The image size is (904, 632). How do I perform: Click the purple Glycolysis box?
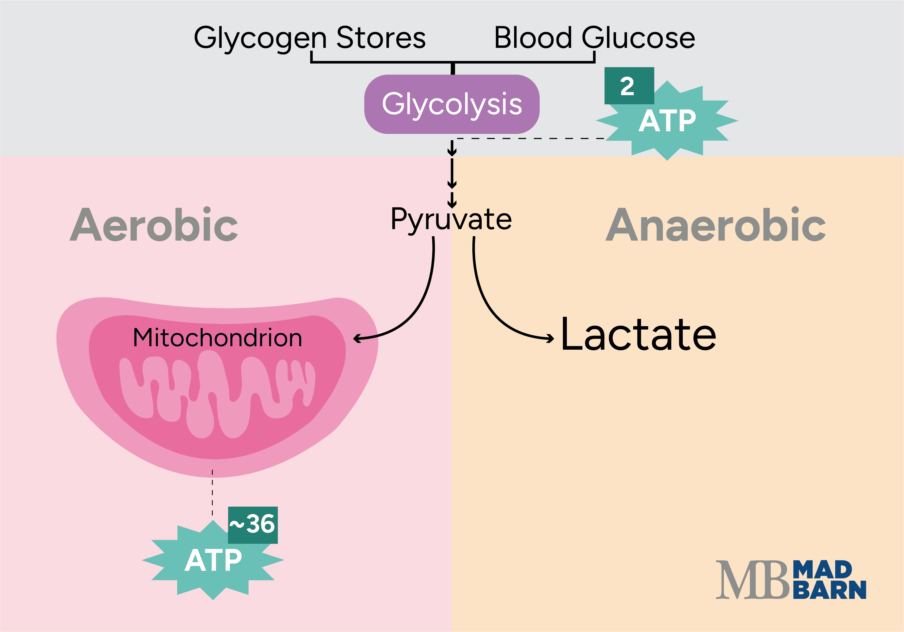click(x=452, y=104)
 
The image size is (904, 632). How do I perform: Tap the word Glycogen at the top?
click(x=260, y=38)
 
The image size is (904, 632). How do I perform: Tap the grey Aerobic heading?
click(x=154, y=225)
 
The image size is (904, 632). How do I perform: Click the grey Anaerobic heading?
click(x=715, y=225)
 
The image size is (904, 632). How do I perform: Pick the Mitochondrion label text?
click(x=217, y=338)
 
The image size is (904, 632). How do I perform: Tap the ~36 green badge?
click(x=253, y=525)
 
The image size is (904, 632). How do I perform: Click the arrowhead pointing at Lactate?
click(x=550, y=338)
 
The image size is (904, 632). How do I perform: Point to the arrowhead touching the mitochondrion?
click(x=357, y=338)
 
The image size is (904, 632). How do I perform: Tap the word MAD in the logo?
click(x=822, y=570)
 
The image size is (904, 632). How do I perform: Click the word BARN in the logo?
click(x=829, y=590)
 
